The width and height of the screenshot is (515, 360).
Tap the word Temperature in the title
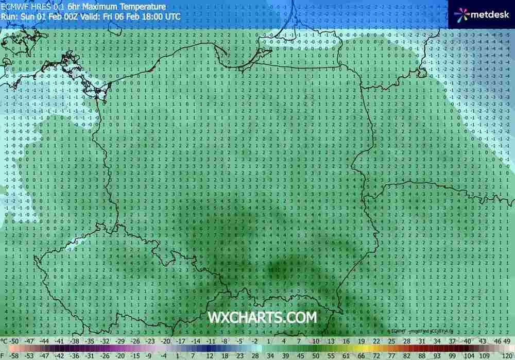(144, 7)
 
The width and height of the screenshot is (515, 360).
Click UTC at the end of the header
(173, 16)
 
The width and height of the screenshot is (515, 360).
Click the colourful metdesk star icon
(461, 14)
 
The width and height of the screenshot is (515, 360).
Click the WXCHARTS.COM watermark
(262, 317)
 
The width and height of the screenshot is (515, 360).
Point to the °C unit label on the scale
(5, 340)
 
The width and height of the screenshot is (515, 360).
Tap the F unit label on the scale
(3, 355)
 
